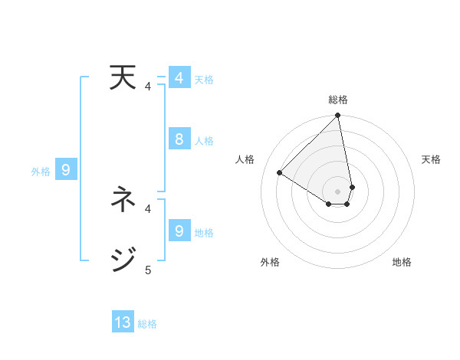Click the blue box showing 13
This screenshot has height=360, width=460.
[x=123, y=322]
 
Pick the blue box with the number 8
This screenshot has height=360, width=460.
[x=179, y=139]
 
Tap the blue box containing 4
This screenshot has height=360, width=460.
[x=179, y=78]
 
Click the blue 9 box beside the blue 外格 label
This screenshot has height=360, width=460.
[x=66, y=170]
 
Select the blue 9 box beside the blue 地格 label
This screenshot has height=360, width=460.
[x=179, y=231]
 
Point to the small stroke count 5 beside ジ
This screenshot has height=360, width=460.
[x=148, y=270]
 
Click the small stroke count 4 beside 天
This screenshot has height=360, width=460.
[x=148, y=87]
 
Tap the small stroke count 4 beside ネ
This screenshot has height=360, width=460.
[x=148, y=208]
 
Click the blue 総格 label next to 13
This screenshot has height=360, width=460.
[x=147, y=324]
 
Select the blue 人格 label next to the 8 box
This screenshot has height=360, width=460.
[x=204, y=141]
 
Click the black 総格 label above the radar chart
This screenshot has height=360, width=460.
[x=338, y=100]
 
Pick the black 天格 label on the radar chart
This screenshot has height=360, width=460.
[x=431, y=159]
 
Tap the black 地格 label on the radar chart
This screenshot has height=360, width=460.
[x=402, y=262]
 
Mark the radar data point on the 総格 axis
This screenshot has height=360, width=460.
[x=338, y=116]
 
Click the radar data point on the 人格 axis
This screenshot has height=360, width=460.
[x=280, y=173]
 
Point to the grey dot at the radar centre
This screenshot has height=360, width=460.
[x=338, y=191]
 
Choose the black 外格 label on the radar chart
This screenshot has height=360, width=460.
[x=269, y=262]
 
